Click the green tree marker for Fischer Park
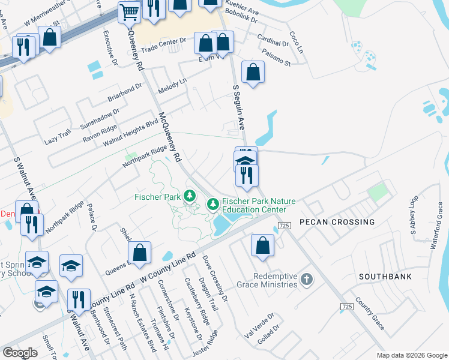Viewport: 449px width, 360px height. tap(190, 196)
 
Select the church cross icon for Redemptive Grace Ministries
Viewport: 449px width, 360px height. tap(307, 280)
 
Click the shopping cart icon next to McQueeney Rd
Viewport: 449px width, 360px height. tap(129, 11)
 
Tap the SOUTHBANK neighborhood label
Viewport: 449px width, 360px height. tap(385, 277)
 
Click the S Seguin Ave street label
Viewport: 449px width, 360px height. tap(239, 107)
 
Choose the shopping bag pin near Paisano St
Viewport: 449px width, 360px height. tap(253, 73)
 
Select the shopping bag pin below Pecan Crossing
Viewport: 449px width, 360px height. tap(262, 245)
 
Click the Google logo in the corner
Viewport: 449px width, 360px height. tap(20, 353)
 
